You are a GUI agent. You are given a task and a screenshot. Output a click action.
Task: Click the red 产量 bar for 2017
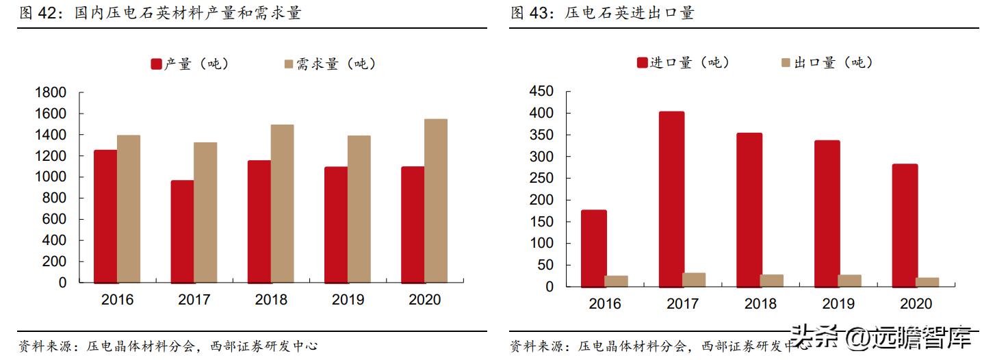point(182,231)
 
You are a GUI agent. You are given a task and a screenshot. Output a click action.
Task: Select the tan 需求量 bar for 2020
point(436,201)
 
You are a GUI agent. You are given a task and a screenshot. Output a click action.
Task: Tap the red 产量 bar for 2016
point(105,216)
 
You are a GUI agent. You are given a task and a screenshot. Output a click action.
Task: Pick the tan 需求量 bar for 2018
point(282,203)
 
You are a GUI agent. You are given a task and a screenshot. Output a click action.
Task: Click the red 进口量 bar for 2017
point(671,199)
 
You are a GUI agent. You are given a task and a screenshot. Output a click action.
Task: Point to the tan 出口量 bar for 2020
point(927,282)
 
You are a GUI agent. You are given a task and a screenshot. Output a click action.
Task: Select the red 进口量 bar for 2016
point(594,248)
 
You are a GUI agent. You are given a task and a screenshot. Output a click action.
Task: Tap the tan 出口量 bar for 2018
point(772,281)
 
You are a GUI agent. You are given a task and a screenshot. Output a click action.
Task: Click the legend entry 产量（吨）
point(190,64)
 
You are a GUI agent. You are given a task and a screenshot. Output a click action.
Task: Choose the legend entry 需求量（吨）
point(329,64)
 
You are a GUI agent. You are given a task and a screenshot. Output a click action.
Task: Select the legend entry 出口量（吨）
point(827,63)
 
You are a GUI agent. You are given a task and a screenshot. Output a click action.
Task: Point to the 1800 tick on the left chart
point(51,92)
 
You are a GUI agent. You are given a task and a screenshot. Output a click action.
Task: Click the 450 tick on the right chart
point(541,92)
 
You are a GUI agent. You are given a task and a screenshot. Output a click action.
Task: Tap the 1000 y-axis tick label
point(51,177)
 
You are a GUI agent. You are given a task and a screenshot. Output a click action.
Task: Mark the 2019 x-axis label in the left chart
point(348,300)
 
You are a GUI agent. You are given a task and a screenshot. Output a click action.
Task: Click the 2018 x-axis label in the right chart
point(760,304)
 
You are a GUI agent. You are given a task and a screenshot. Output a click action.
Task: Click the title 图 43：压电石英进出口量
point(602,13)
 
